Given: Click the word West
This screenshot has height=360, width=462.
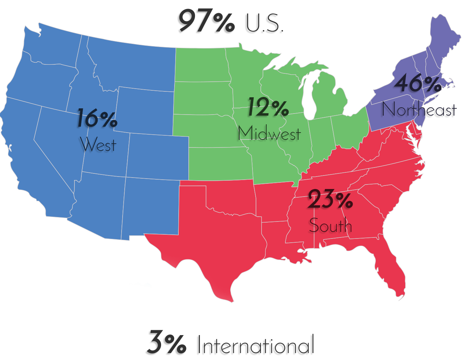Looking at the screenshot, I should point(98,145).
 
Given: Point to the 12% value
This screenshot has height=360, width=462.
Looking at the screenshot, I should point(268,107).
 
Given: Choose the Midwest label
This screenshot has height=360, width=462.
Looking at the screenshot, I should point(269,133).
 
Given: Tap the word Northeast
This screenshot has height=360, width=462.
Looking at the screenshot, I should point(419,110).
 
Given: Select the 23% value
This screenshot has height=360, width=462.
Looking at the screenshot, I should point(330,199).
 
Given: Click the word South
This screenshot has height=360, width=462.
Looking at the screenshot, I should point(330,226).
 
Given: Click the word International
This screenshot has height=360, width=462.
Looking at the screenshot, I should point(256,345).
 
